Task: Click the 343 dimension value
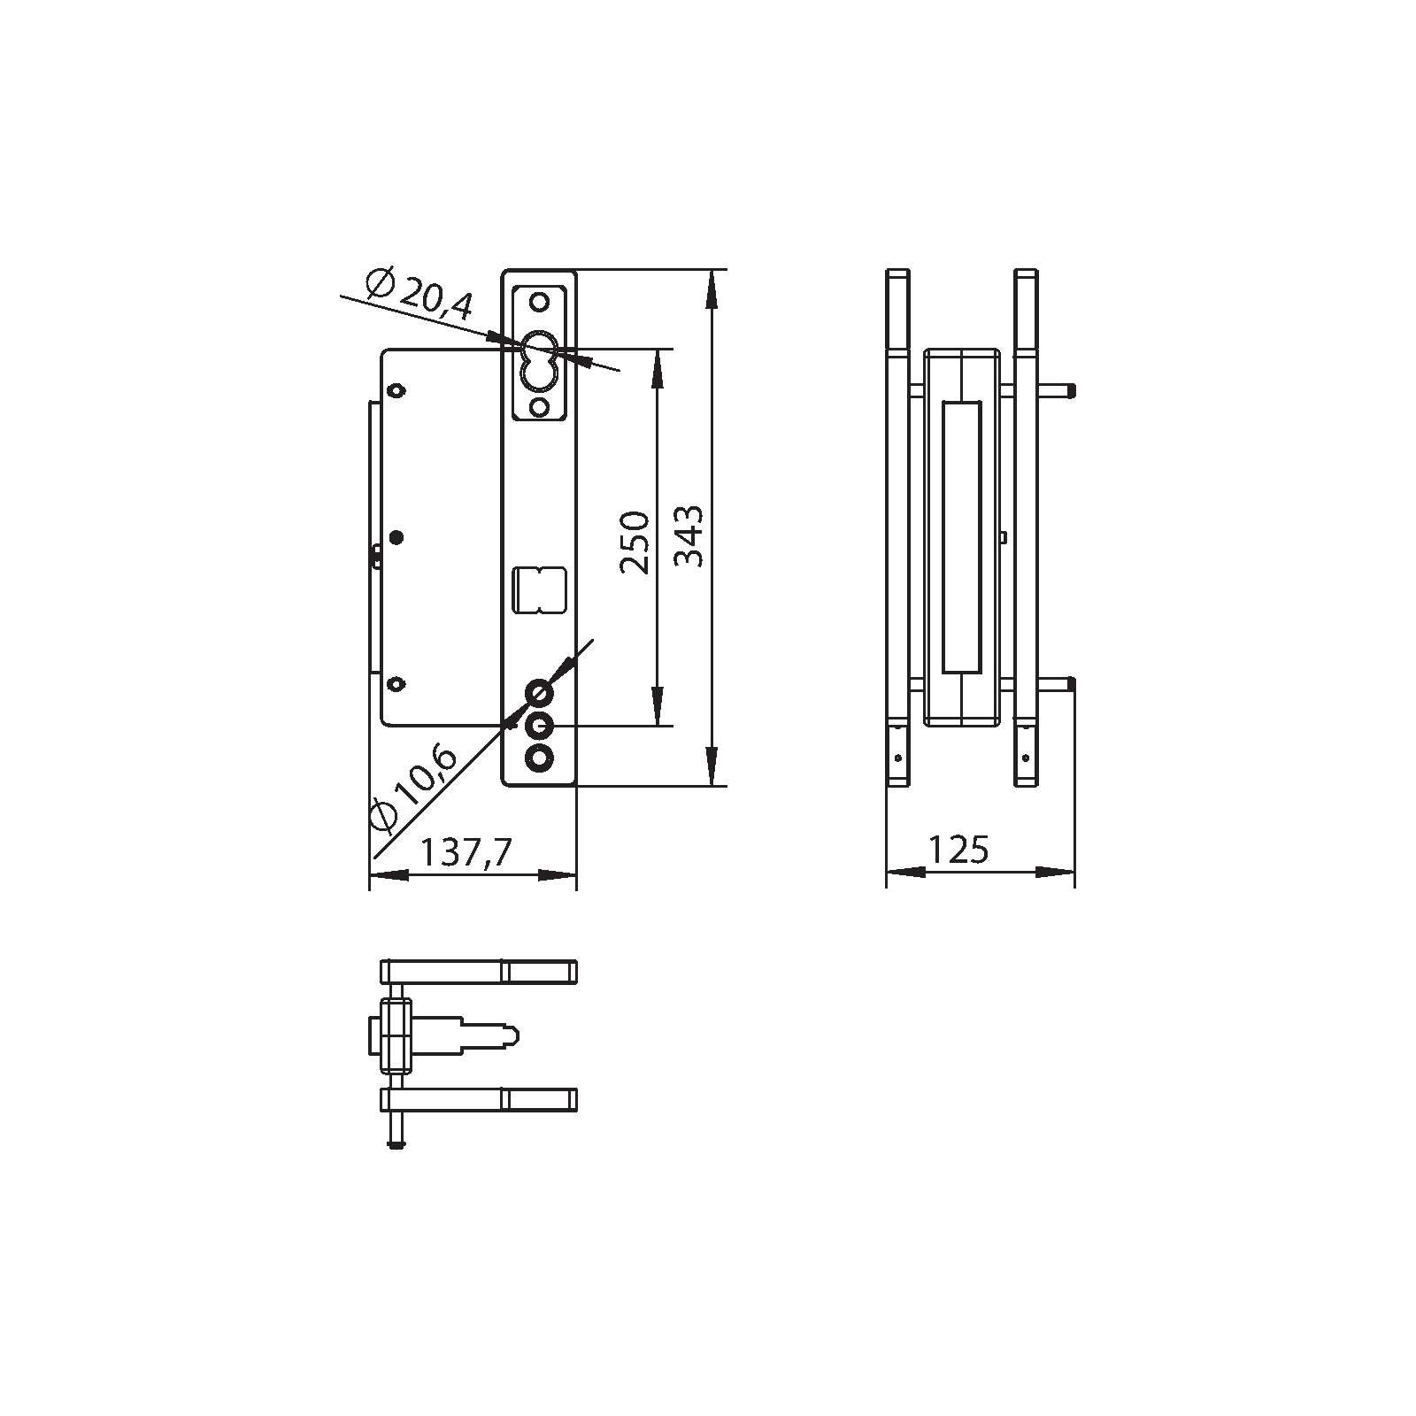[x=689, y=535]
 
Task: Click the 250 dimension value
[x=635, y=542]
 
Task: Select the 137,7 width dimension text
[x=466, y=853]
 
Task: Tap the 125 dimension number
[x=958, y=850]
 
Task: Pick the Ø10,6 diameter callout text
[x=412, y=789]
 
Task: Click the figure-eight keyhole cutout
[x=538, y=360]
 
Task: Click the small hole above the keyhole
[x=538, y=302]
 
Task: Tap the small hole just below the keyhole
[x=538, y=406]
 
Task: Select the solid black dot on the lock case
[x=396, y=537]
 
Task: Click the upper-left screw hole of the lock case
[x=396, y=390]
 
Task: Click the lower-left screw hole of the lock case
[x=396, y=682]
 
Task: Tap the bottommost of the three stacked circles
[x=539, y=758]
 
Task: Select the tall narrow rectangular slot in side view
[x=963, y=537]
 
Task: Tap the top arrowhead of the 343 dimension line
[x=711, y=288]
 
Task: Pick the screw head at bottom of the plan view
[x=395, y=1146]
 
